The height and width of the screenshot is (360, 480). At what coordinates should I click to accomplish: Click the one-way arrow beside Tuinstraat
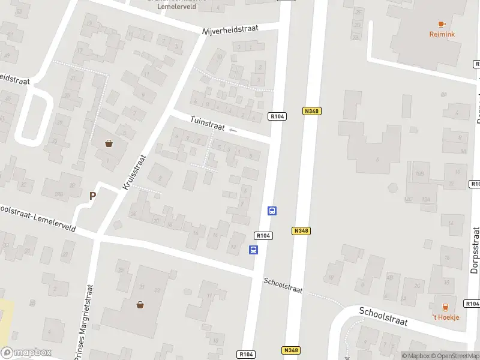click(x=233, y=130)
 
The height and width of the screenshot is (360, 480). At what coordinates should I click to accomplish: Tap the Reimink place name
click(x=442, y=34)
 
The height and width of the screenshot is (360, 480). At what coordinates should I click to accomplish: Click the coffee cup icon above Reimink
click(x=442, y=24)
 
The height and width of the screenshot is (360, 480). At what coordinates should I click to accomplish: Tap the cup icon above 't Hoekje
click(x=445, y=307)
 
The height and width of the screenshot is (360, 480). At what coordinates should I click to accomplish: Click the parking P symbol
click(x=92, y=196)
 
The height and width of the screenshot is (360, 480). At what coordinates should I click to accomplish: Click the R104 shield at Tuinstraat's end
click(x=277, y=117)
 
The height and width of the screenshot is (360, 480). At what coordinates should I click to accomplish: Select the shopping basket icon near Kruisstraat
click(x=109, y=143)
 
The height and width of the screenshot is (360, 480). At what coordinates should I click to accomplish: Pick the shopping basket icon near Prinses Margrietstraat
click(x=140, y=304)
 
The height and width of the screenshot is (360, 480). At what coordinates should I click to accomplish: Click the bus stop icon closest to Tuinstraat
click(x=272, y=211)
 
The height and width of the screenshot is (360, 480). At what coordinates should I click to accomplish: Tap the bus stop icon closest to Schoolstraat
click(x=254, y=250)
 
